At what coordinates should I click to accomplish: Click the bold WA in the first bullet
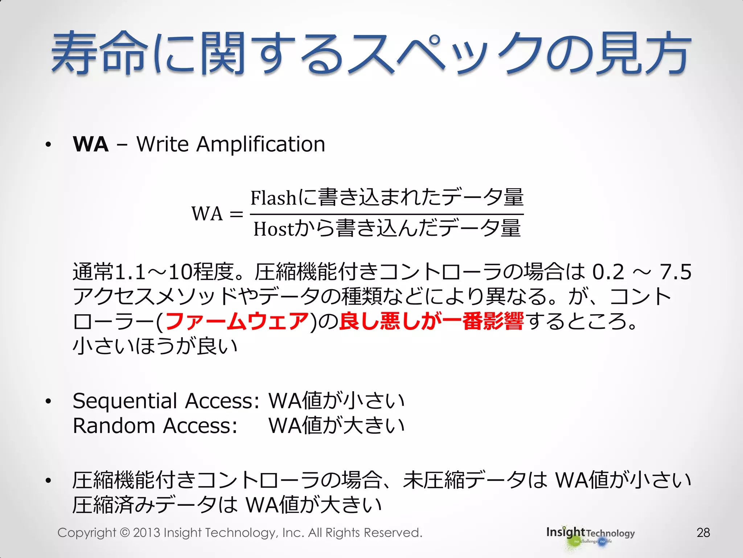click(91, 144)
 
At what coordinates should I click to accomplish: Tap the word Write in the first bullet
click(163, 144)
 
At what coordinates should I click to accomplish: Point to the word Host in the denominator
click(273, 229)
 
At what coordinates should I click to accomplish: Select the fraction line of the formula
click(387, 214)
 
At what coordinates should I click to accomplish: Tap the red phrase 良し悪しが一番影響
click(431, 322)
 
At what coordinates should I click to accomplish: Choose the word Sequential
click(125, 401)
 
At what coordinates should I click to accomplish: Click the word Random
click(114, 426)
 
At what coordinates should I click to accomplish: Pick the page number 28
click(703, 533)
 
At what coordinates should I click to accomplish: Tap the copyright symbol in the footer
click(124, 533)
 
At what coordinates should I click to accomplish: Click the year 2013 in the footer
click(147, 533)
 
